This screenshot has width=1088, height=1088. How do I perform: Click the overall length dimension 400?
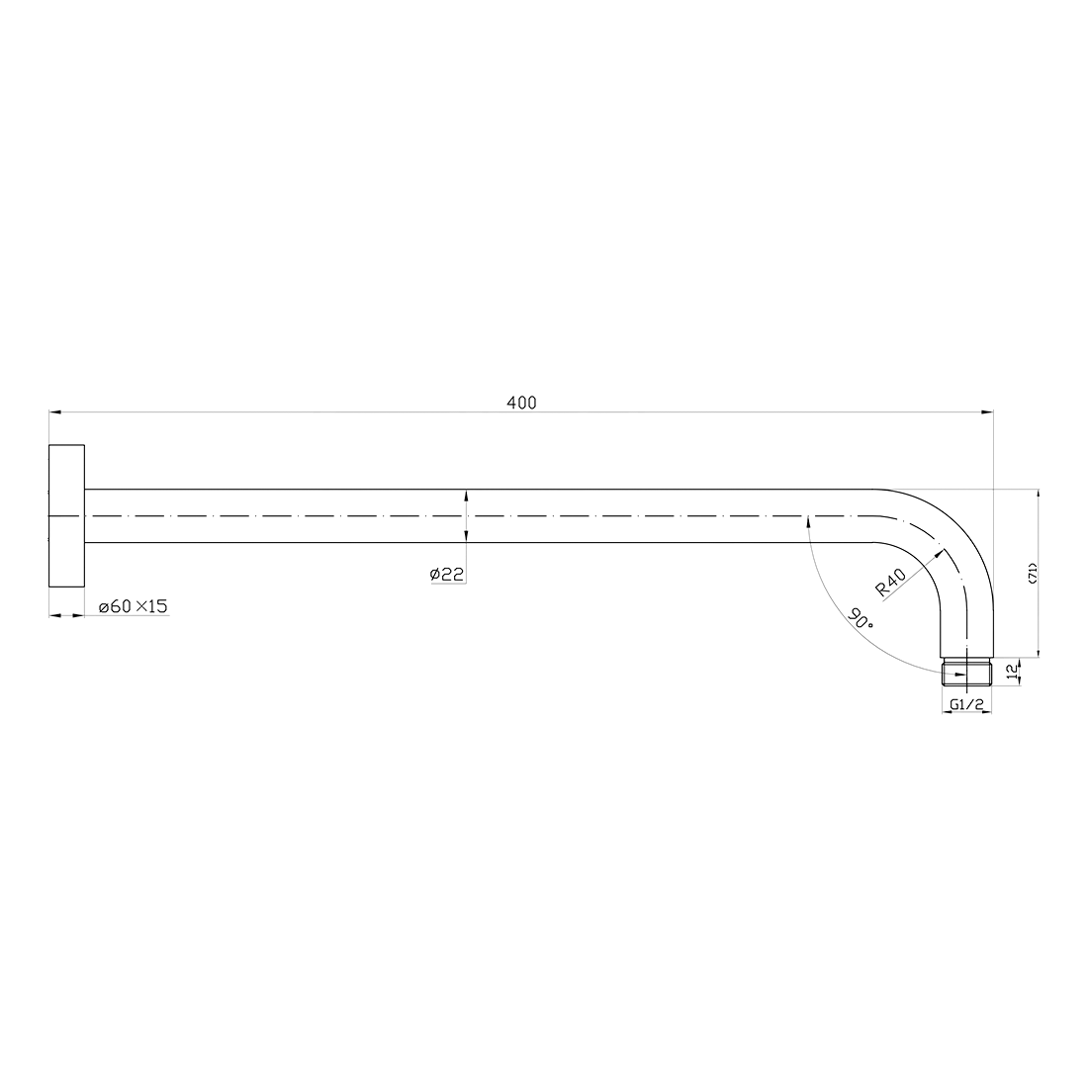[x=521, y=403]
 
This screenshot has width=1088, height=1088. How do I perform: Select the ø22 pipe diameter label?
[x=448, y=574]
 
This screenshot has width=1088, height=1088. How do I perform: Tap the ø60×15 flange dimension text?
[x=133, y=605]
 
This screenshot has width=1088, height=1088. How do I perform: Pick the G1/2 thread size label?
[x=965, y=704]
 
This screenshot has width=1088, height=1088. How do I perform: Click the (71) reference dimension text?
[x=1032, y=574]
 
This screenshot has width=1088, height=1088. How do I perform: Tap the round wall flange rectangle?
[x=66, y=516]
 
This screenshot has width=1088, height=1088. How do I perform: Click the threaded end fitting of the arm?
[x=966, y=673]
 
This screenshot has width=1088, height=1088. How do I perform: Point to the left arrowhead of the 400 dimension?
[x=54, y=410]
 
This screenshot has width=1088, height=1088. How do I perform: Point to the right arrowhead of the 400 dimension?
[x=987, y=410]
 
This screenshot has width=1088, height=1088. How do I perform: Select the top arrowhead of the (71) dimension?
[x=1038, y=495]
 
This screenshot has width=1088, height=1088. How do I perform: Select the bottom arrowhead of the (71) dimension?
[x=1038, y=650]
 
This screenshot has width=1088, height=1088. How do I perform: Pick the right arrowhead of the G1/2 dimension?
[x=985, y=715]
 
